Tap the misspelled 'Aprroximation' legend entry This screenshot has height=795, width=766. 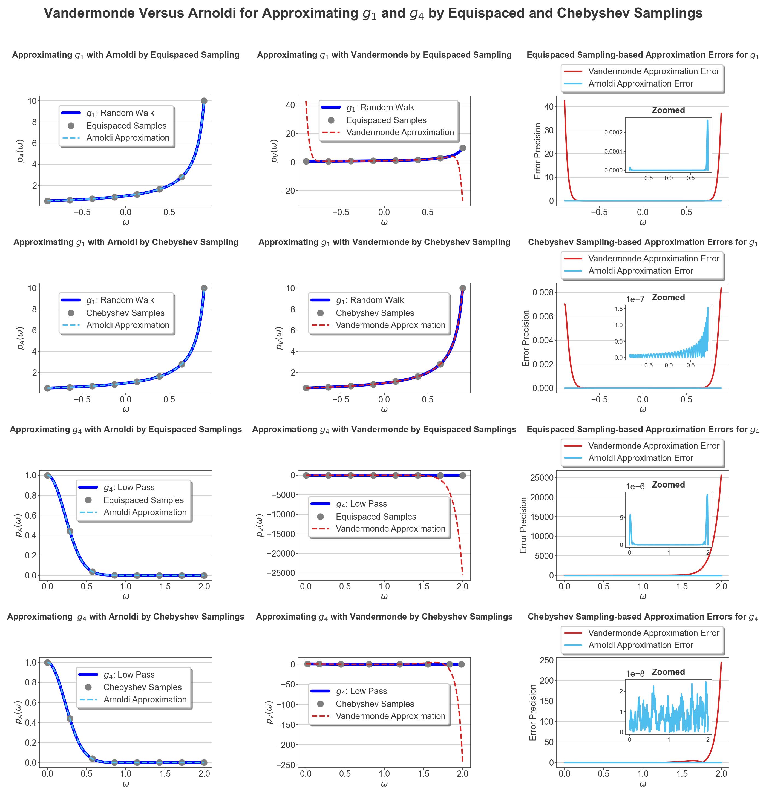click(x=400, y=132)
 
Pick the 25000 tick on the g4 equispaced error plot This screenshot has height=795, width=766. click(x=542, y=477)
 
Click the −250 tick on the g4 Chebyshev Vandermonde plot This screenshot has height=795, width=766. click(x=286, y=765)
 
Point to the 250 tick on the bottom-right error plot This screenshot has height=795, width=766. click(x=547, y=660)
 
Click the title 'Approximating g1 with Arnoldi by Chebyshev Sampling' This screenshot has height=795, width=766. click(x=126, y=242)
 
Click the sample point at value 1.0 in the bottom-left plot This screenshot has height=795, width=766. click(x=47, y=662)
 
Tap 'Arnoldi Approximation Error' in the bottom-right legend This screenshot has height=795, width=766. click(x=640, y=645)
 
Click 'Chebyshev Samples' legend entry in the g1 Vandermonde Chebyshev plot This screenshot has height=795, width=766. click(x=375, y=313)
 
